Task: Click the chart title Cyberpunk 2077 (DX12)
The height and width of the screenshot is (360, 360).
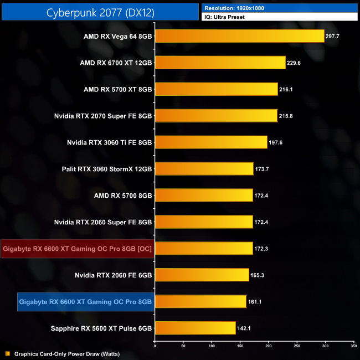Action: point(100,12)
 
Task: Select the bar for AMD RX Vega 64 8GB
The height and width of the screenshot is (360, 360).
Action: point(239,36)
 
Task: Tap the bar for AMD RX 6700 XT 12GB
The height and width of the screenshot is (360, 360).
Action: point(220,63)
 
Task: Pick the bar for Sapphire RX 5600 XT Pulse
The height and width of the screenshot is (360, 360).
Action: point(195,328)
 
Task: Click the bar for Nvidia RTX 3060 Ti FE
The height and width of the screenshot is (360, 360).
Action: point(211,142)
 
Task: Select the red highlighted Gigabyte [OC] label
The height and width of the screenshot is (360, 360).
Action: point(77,249)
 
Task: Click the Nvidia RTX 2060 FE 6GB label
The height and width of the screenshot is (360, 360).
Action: point(113,275)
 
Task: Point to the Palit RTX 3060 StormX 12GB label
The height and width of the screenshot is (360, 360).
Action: point(107,169)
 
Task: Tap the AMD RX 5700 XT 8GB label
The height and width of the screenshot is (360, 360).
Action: point(117,89)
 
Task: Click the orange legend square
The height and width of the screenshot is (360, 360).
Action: point(7,353)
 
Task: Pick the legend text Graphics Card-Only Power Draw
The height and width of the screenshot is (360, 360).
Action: point(66,353)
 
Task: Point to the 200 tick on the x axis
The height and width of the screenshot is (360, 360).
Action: point(269,347)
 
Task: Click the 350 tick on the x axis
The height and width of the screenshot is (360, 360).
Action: point(353,347)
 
